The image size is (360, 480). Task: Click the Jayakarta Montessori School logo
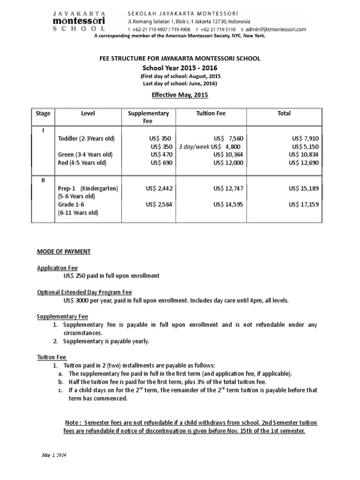click(79, 22)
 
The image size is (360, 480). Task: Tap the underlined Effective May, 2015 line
click(180, 94)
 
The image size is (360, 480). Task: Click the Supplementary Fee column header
click(148, 117)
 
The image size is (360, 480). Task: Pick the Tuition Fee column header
click(211, 113)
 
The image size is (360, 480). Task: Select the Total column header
click(284, 113)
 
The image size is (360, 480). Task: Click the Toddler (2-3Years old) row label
click(86, 139)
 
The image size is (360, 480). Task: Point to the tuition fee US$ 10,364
click(228, 155)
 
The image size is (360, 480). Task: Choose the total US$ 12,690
click(306, 163)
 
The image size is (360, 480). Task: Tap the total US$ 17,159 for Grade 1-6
click(306, 204)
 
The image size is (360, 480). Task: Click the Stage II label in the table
click(43, 181)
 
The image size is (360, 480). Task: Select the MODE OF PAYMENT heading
click(64, 252)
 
